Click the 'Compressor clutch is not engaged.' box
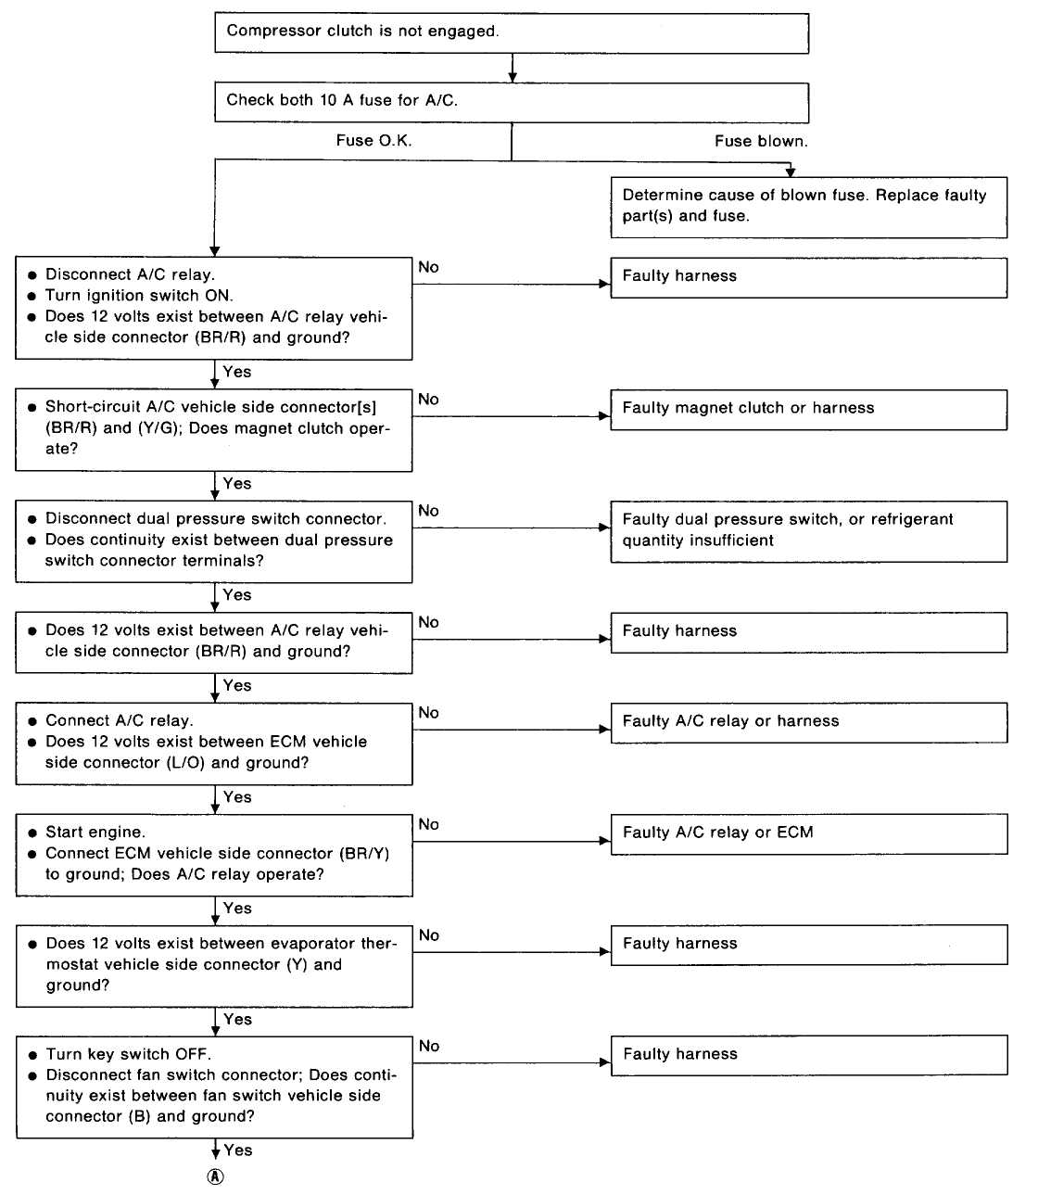(x=512, y=33)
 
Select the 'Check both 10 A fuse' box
(x=512, y=103)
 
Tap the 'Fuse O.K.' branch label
(x=373, y=141)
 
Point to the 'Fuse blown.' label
(x=761, y=141)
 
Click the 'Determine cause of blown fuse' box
(x=808, y=208)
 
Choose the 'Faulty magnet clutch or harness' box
(x=808, y=410)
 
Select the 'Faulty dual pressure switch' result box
(x=808, y=531)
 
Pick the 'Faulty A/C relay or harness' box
(x=808, y=722)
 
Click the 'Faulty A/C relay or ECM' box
(x=808, y=834)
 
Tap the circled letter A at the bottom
(x=215, y=1176)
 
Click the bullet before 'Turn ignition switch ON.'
(x=32, y=296)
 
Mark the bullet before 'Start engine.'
(x=32, y=833)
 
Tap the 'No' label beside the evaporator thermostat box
(x=429, y=935)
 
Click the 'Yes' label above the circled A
(x=238, y=1150)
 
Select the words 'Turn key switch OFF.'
(x=129, y=1054)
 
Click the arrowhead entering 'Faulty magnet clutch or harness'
(x=605, y=416)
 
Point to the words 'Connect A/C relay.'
(x=120, y=720)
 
